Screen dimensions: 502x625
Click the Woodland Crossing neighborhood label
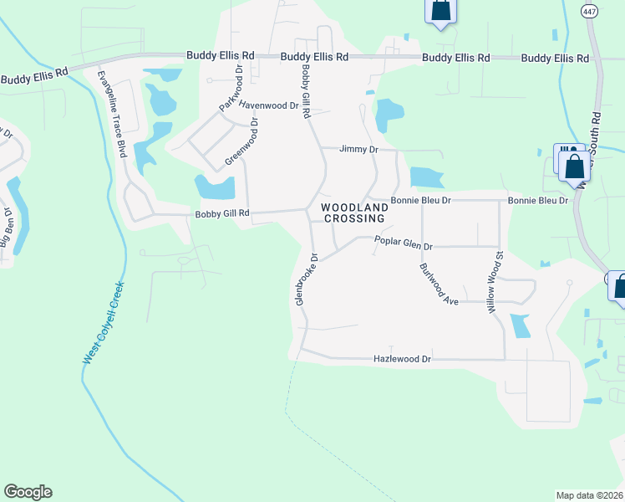[353, 213]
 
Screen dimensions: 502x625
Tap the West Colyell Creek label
[104, 322]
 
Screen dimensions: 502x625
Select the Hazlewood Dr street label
[401, 359]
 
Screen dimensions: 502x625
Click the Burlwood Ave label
[439, 284]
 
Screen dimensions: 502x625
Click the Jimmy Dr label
[358, 149]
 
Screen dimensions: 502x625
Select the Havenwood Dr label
[268, 105]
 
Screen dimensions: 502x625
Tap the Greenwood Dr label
[242, 141]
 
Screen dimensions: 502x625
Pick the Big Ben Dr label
[9, 228]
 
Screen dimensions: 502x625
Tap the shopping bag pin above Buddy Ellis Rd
[440, 11]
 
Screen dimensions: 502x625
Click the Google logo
[28, 492]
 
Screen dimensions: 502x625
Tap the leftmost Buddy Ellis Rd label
[33, 79]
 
